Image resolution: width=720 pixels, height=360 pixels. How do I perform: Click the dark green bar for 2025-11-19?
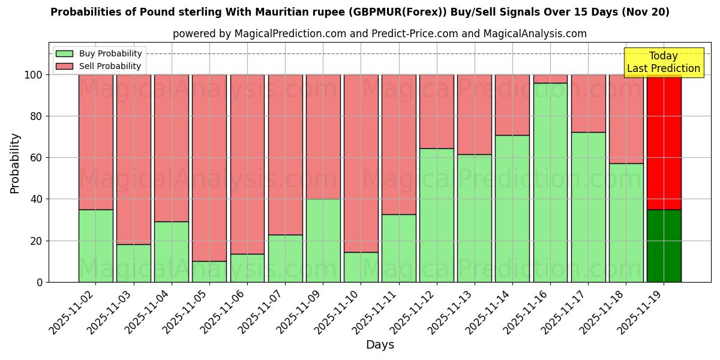(x=664, y=245)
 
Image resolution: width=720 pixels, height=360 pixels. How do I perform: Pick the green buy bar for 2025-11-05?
(x=209, y=271)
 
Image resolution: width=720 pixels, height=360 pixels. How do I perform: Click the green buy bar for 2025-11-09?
(x=323, y=240)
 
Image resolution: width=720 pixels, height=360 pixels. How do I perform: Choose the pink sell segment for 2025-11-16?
(x=550, y=79)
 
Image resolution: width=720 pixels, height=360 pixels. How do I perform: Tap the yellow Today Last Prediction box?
(x=664, y=62)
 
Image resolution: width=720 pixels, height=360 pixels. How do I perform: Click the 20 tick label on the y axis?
(x=37, y=241)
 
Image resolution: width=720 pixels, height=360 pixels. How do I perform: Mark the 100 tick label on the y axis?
(x=34, y=75)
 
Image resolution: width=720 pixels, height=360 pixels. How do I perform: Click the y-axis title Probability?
(x=15, y=163)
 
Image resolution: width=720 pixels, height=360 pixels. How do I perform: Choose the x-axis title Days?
(x=380, y=345)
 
